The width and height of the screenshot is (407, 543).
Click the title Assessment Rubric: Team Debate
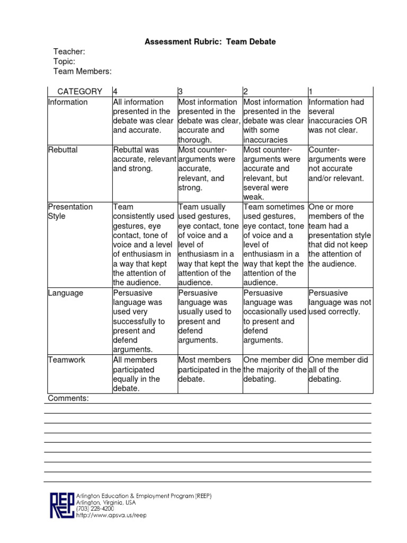pyautogui.click(x=210, y=42)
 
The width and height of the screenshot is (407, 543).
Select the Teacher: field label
pyautogui.click(x=69, y=51)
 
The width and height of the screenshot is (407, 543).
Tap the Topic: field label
pyautogui.click(x=64, y=62)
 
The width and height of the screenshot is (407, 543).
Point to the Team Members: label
pyautogui.click(x=82, y=72)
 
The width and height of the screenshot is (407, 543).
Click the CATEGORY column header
pyautogui.click(x=80, y=92)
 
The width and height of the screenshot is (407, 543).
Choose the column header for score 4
pyautogui.click(x=116, y=92)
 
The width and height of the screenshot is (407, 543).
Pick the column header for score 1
pyautogui.click(x=311, y=92)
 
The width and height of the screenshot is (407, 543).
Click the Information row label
pyautogui.click(x=68, y=102)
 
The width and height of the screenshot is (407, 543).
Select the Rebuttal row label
pyautogui.click(x=63, y=150)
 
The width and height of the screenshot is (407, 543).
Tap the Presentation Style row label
pyautogui.click(x=70, y=212)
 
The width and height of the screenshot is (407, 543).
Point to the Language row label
pyautogui.click(x=65, y=293)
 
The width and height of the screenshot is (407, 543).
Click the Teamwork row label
pyautogui.click(x=66, y=360)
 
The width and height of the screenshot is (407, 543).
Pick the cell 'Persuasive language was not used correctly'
pyautogui.click(x=339, y=302)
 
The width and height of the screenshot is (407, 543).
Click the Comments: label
pyautogui.click(x=68, y=398)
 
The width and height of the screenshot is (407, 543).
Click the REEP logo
pyautogui.click(x=62, y=505)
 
